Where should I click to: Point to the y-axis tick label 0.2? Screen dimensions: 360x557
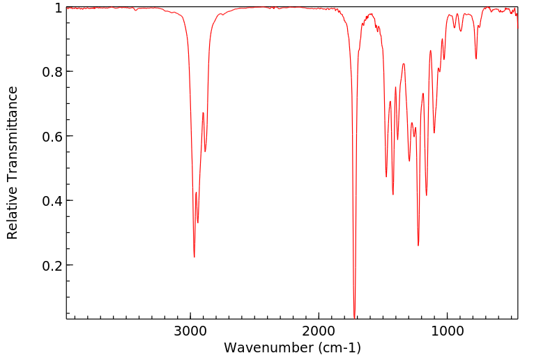53,266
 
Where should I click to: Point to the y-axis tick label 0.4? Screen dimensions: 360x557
53,201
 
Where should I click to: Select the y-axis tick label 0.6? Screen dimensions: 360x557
53,137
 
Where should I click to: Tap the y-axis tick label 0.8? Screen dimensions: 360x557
53,72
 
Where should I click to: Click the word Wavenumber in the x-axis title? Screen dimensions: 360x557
268,347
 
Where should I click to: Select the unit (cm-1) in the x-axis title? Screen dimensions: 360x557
338,347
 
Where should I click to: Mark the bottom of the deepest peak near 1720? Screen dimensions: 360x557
355,317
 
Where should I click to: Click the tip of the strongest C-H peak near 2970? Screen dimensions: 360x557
194,257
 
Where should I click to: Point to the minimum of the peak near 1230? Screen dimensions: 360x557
418,245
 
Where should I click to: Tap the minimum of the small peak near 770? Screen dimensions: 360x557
476,59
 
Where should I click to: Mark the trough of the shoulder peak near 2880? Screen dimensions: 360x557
205,151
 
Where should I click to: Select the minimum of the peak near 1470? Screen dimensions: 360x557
386,177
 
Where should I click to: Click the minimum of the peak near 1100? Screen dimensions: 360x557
434,133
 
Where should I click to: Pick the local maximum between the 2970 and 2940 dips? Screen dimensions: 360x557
197,193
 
